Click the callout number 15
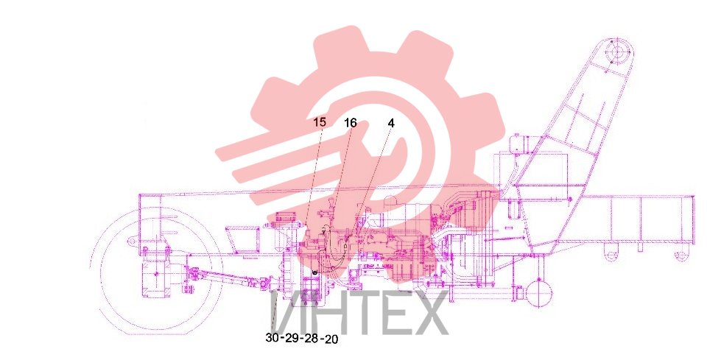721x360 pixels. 320,122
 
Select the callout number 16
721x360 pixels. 351,123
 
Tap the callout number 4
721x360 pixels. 391,123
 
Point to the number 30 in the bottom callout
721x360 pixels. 272,338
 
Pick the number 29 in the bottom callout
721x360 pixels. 292,339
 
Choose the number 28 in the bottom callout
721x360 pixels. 312,339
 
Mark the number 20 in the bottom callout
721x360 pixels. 331,339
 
